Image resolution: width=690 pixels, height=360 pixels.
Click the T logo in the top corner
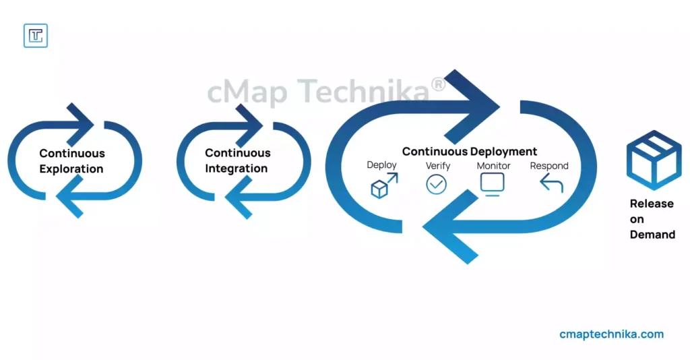pos(36,36)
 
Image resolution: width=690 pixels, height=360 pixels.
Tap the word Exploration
pos(71,169)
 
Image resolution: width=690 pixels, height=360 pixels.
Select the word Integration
pos(237,169)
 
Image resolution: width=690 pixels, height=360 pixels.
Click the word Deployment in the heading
pos(503,152)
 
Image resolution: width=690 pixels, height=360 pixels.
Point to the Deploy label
pos(381,165)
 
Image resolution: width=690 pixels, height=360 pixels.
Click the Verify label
pos(438,166)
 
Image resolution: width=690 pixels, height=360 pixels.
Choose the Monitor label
pos(493,166)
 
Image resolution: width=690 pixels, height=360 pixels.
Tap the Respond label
pos(549,166)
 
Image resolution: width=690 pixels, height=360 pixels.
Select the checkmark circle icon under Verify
pos(437,185)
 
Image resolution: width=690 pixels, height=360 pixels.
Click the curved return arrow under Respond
pos(551,183)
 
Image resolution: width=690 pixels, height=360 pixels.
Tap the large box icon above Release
pos(654,160)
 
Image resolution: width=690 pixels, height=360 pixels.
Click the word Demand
pos(652,235)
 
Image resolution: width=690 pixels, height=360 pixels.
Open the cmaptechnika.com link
pos(612,334)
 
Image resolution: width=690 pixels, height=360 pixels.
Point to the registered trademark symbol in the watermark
pos(438,84)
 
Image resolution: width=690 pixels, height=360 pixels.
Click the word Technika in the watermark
pos(363,92)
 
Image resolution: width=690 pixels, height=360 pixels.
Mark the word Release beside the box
pos(652,204)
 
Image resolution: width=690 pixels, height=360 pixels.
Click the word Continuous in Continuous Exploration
pos(72,153)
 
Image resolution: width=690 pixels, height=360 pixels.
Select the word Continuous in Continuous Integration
pos(238,153)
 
